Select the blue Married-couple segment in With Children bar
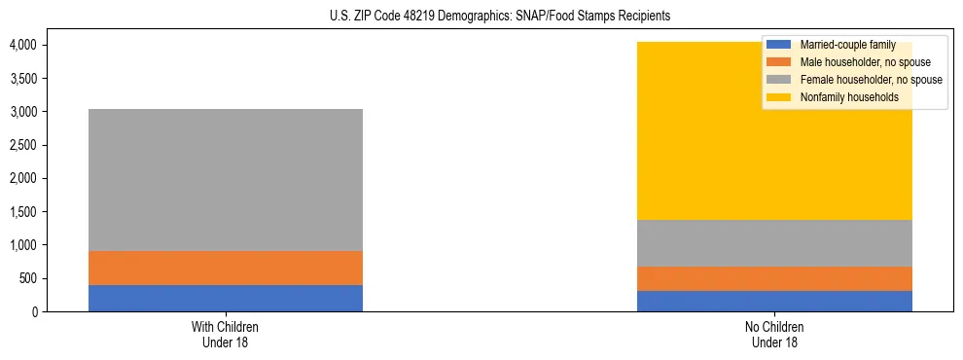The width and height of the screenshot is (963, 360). (x=226, y=298)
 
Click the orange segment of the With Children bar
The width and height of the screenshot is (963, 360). (x=226, y=268)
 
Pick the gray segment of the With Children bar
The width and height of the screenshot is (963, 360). (x=226, y=180)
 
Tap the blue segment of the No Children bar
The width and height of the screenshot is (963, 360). (x=774, y=301)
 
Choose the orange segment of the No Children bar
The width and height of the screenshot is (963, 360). (x=774, y=278)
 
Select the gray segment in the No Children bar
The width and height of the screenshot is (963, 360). (x=774, y=243)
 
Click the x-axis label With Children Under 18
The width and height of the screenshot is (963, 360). (x=226, y=334)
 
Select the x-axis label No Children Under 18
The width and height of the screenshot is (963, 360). (x=774, y=334)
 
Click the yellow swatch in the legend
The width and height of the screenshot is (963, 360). (x=780, y=97)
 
